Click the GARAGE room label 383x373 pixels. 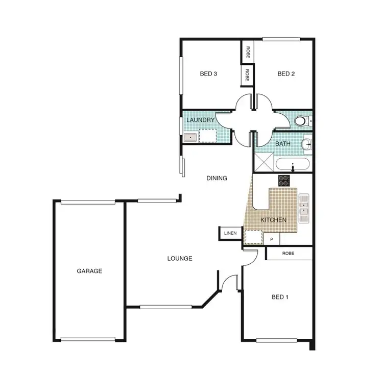(90, 271)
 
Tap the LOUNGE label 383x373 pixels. (180, 259)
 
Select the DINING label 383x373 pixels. (217, 178)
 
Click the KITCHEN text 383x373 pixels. (273, 220)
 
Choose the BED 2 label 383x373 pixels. (286, 74)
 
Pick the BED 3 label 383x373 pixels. (208, 74)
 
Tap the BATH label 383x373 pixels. (283, 144)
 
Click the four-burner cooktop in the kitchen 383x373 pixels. (284, 180)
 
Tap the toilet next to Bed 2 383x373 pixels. (302, 121)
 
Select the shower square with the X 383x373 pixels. (264, 165)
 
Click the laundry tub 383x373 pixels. (190, 137)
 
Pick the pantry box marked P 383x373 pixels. (272, 239)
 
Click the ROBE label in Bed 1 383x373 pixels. (289, 253)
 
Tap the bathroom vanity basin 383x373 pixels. (307, 145)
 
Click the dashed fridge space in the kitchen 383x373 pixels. (252, 237)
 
